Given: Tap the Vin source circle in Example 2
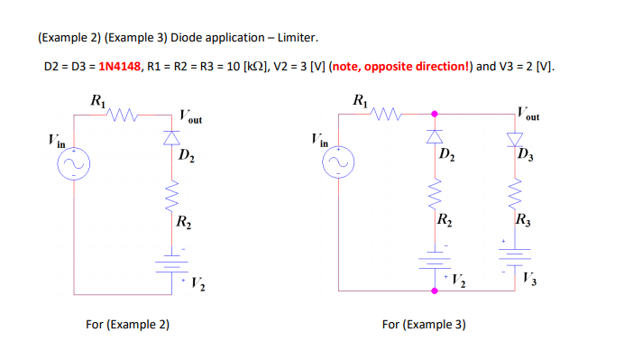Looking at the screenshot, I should coord(72,165).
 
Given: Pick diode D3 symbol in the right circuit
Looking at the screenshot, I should coord(515,138).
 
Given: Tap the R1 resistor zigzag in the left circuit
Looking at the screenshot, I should coord(122,115).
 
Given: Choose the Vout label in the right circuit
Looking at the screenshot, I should coord(528,114).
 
